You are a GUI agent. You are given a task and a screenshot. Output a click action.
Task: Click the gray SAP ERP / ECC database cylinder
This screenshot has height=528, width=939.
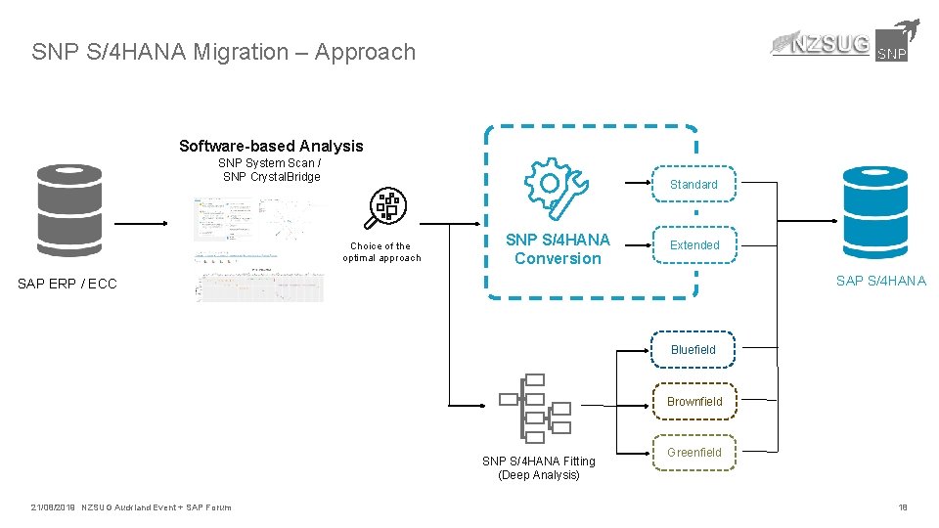coord(68,210)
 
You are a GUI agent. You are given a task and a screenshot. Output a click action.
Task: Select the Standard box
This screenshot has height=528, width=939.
coord(693,184)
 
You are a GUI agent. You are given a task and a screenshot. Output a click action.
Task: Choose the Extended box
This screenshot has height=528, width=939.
coord(693,244)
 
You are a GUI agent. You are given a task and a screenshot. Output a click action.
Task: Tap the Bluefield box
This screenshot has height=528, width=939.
coord(693,349)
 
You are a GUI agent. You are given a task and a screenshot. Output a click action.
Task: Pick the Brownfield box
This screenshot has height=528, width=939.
coord(693,401)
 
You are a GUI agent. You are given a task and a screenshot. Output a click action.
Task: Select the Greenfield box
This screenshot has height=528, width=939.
coord(693,452)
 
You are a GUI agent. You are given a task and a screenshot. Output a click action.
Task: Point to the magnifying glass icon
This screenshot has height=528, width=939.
coord(385,208)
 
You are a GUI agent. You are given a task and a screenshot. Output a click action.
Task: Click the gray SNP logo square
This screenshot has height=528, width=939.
coord(891,46)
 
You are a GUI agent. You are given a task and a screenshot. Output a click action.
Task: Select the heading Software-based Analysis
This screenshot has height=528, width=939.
coord(271,146)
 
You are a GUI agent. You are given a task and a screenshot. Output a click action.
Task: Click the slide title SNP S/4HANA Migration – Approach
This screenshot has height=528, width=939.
coord(223,52)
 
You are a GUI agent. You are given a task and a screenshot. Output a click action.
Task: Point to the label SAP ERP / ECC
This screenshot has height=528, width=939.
coord(67,284)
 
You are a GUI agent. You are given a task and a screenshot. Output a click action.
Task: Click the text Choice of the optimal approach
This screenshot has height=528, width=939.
coord(381,252)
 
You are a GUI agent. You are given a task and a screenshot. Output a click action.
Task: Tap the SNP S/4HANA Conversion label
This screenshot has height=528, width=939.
coord(558,248)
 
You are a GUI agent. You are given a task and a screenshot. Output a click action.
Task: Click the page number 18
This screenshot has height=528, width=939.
coord(903,506)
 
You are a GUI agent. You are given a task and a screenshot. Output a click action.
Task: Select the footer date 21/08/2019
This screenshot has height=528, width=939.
coord(54,506)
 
